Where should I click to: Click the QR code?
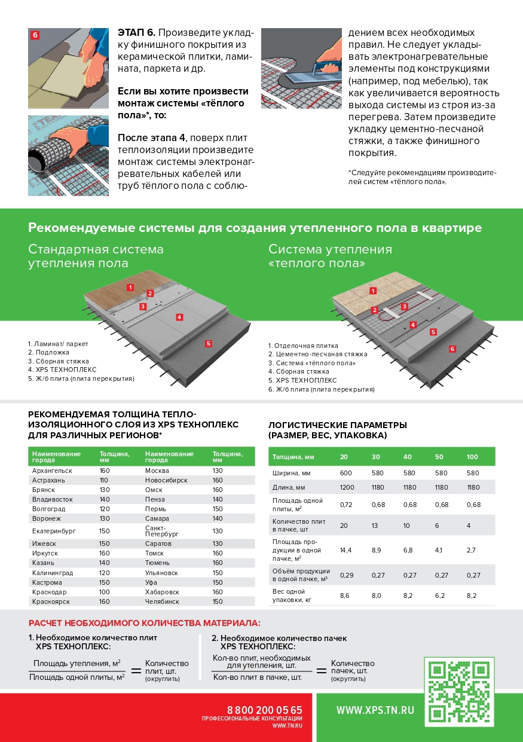coord(459,692)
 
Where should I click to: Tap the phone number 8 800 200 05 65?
coord(264,710)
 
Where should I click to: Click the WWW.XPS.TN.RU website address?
coord(375,710)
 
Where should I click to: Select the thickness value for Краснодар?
coord(105,592)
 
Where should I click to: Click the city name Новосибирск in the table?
coord(166,480)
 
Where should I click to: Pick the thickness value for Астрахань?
coord(103,480)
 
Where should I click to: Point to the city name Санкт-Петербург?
coord(161,531)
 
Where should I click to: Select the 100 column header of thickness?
coord(472,457)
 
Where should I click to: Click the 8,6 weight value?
coord(344,596)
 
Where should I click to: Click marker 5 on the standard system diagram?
coord(209,344)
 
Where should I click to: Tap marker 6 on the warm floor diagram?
coord(452,349)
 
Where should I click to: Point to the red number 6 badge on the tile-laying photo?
coord(35,35)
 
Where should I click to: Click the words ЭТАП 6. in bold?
coord(136,33)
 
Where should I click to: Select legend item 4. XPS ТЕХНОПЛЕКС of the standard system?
coord(62,370)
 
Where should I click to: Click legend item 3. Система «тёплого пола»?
coord(311,363)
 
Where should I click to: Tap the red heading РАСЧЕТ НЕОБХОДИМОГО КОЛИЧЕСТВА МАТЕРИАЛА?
coord(145,623)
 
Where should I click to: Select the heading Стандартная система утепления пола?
coord(96,256)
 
